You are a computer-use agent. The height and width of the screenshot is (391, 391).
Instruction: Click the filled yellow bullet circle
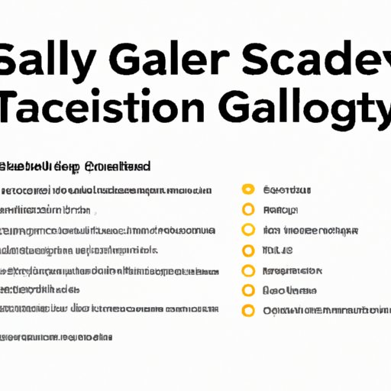pyautogui.click(x=247, y=189)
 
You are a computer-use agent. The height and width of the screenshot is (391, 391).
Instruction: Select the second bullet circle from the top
pyautogui.click(x=247, y=209)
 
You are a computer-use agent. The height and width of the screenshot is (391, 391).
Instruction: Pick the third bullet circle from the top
pyautogui.click(x=247, y=230)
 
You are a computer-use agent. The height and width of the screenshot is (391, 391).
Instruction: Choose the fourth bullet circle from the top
pyautogui.click(x=247, y=250)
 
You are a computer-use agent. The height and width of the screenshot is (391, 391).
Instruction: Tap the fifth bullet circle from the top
pyautogui.click(x=247, y=270)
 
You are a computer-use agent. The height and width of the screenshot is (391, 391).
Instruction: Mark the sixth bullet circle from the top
pyautogui.click(x=247, y=290)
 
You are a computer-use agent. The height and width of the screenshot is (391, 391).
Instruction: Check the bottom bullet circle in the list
pyautogui.click(x=247, y=310)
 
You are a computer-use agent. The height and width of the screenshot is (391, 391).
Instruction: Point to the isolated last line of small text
pyautogui.click(x=57, y=336)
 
